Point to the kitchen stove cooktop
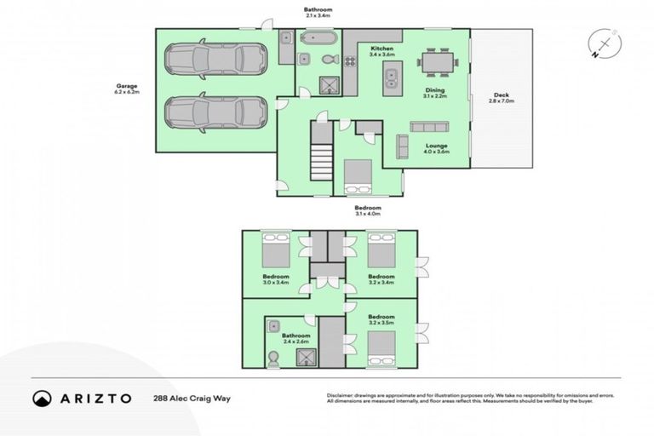[x=349, y=60]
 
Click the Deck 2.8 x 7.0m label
[x=502, y=98]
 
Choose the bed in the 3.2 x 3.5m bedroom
[x=381, y=350]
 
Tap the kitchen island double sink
[x=392, y=79]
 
